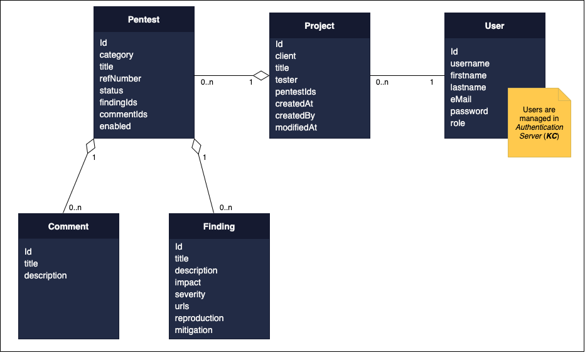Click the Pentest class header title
144,19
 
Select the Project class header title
319,26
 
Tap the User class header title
495,26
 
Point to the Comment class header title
68,226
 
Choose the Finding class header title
219,226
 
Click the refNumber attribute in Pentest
121,78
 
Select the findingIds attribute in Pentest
119,102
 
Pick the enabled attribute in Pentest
115,126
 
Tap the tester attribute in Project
286,80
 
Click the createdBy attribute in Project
295,115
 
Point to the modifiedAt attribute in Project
296,127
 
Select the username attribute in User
470,63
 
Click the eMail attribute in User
461,99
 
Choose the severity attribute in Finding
190,294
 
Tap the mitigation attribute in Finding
194,330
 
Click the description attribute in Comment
46,275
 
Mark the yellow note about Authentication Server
539,123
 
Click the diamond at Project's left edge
262,76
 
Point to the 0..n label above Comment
75,208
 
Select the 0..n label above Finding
225,208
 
